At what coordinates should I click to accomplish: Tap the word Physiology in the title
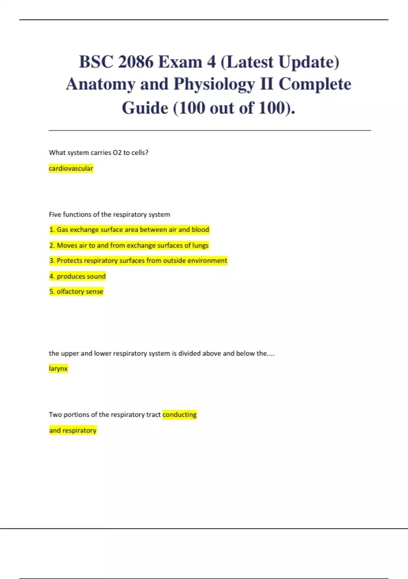(214, 84)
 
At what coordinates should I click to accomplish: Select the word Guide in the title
(145, 108)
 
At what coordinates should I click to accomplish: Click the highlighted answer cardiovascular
(71, 169)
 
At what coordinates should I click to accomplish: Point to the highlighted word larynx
(58, 369)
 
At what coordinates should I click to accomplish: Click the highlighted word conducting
(180, 415)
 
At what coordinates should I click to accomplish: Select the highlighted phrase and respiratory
(73, 431)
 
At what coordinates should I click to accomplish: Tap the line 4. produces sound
(78, 276)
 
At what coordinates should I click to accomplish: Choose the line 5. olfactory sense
(76, 292)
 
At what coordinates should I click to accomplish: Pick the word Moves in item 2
(67, 246)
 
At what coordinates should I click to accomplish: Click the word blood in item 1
(200, 230)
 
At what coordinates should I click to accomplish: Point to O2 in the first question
(117, 153)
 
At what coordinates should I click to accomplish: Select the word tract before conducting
(153, 415)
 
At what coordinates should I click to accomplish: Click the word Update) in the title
(309, 62)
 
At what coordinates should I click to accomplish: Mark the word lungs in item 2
(200, 246)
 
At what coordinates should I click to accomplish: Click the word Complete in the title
(315, 84)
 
